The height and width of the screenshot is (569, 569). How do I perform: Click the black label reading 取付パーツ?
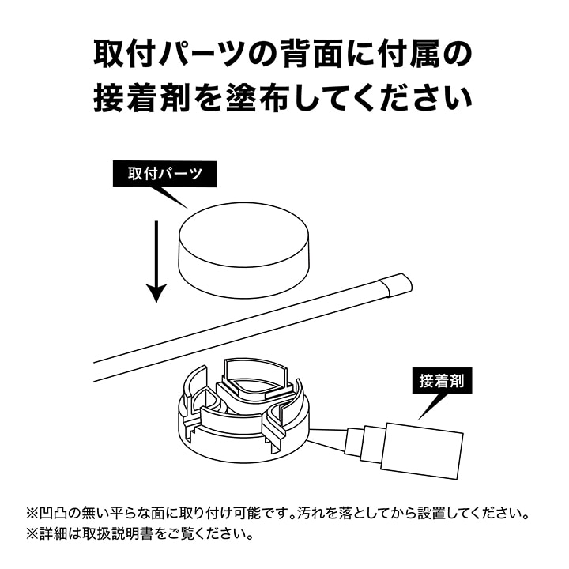(x=164, y=174)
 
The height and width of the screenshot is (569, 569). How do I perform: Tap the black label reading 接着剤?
(x=442, y=381)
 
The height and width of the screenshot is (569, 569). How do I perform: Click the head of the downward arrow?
(x=156, y=293)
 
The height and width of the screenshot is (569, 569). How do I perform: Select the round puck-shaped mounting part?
(x=244, y=250)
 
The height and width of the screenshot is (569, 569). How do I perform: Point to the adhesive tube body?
(x=424, y=450)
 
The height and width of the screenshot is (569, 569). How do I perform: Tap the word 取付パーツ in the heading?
(x=170, y=54)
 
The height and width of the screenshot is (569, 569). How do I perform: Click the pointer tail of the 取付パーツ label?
(x=171, y=198)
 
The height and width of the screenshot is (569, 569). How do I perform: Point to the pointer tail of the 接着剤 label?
(x=431, y=406)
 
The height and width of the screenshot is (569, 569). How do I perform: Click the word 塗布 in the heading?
(x=258, y=98)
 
